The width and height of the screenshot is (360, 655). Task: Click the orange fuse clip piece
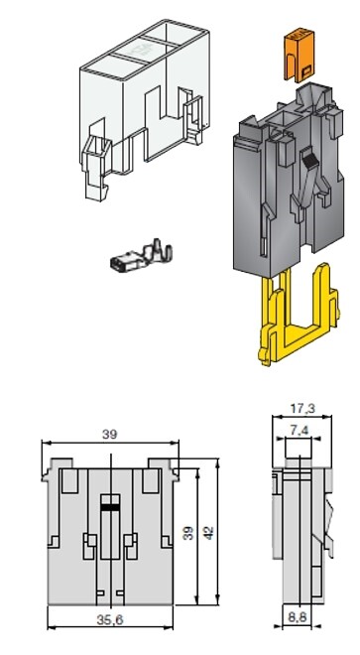(x=299, y=55)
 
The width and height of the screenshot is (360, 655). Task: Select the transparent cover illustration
(x=144, y=100)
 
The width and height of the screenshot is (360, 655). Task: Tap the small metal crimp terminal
(x=141, y=256)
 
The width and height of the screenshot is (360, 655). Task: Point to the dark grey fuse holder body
(x=289, y=180)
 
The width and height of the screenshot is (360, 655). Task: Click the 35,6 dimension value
(x=110, y=620)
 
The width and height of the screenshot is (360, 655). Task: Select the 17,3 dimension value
(x=302, y=409)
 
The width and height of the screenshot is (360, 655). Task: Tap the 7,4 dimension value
(x=299, y=430)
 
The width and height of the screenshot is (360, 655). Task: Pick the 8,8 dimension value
(x=298, y=617)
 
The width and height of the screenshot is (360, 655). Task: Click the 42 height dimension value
(x=208, y=533)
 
